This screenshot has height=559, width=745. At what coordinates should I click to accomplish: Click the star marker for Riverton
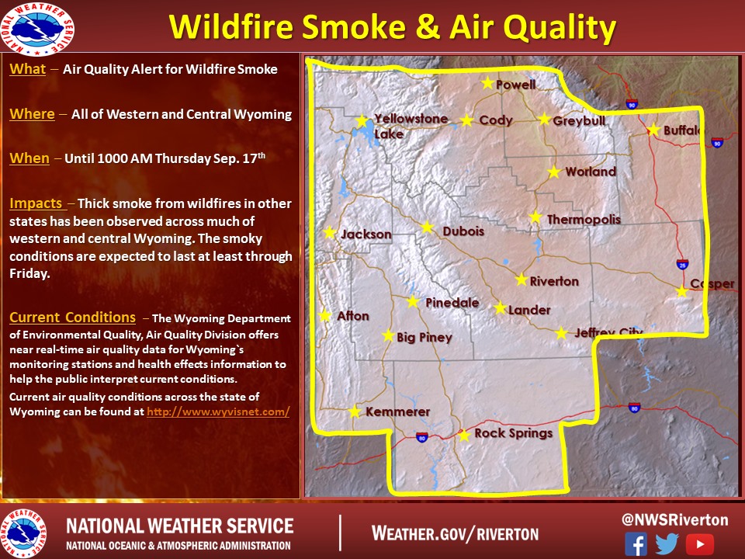(521, 279)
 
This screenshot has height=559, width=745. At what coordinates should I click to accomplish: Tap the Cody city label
(496, 120)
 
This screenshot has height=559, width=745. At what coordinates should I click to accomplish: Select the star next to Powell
(487, 83)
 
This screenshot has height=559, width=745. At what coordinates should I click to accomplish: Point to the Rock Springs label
(514, 433)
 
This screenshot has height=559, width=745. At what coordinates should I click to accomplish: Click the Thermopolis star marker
(535, 217)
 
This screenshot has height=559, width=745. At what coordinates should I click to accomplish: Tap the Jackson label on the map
(366, 234)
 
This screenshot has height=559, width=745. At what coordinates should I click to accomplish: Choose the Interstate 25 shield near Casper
(682, 264)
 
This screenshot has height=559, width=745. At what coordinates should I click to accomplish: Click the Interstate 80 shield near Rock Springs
(421, 437)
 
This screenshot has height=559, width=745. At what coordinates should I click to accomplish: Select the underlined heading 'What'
(28, 69)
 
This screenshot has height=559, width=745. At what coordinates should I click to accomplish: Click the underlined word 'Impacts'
(36, 203)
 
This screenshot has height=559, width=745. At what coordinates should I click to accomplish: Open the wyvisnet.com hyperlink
(218, 411)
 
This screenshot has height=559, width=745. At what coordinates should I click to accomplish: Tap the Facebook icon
(636, 543)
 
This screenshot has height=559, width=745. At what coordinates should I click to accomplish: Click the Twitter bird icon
(667, 543)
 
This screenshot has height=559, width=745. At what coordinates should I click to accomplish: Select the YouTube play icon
(699, 544)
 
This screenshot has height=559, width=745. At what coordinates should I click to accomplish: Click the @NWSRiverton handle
(674, 519)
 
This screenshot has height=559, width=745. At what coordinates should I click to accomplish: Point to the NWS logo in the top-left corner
(37, 30)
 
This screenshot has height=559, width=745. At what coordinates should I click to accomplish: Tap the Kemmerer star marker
(355, 411)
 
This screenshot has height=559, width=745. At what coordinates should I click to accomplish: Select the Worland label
(591, 172)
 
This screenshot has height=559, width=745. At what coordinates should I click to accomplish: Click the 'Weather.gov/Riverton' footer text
(456, 533)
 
